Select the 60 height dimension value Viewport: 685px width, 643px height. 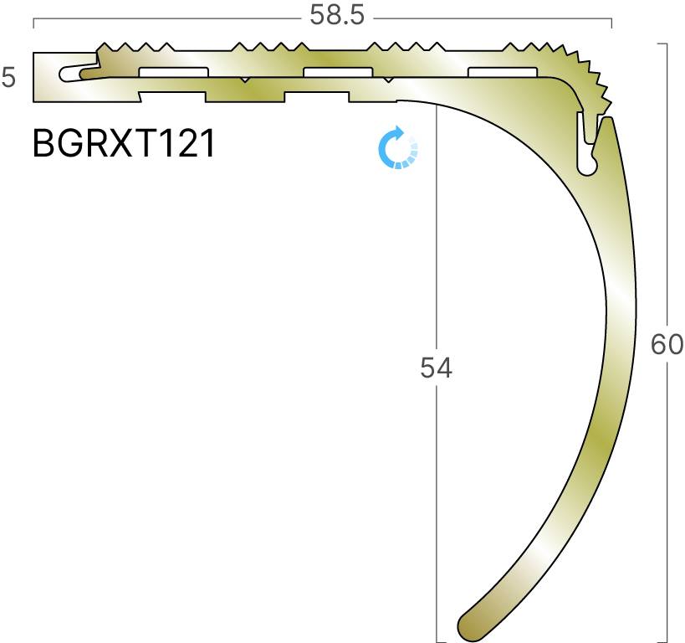[x=667, y=344]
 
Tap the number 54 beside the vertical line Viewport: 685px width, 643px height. [x=436, y=368]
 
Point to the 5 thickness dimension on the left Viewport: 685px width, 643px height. [x=8, y=79]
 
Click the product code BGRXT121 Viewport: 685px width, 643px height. [x=124, y=144]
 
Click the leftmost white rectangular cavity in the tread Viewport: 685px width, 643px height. [x=173, y=72]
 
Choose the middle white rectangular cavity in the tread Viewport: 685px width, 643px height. [x=337, y=72]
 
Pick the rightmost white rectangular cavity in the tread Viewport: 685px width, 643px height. [x=501, y=72]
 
